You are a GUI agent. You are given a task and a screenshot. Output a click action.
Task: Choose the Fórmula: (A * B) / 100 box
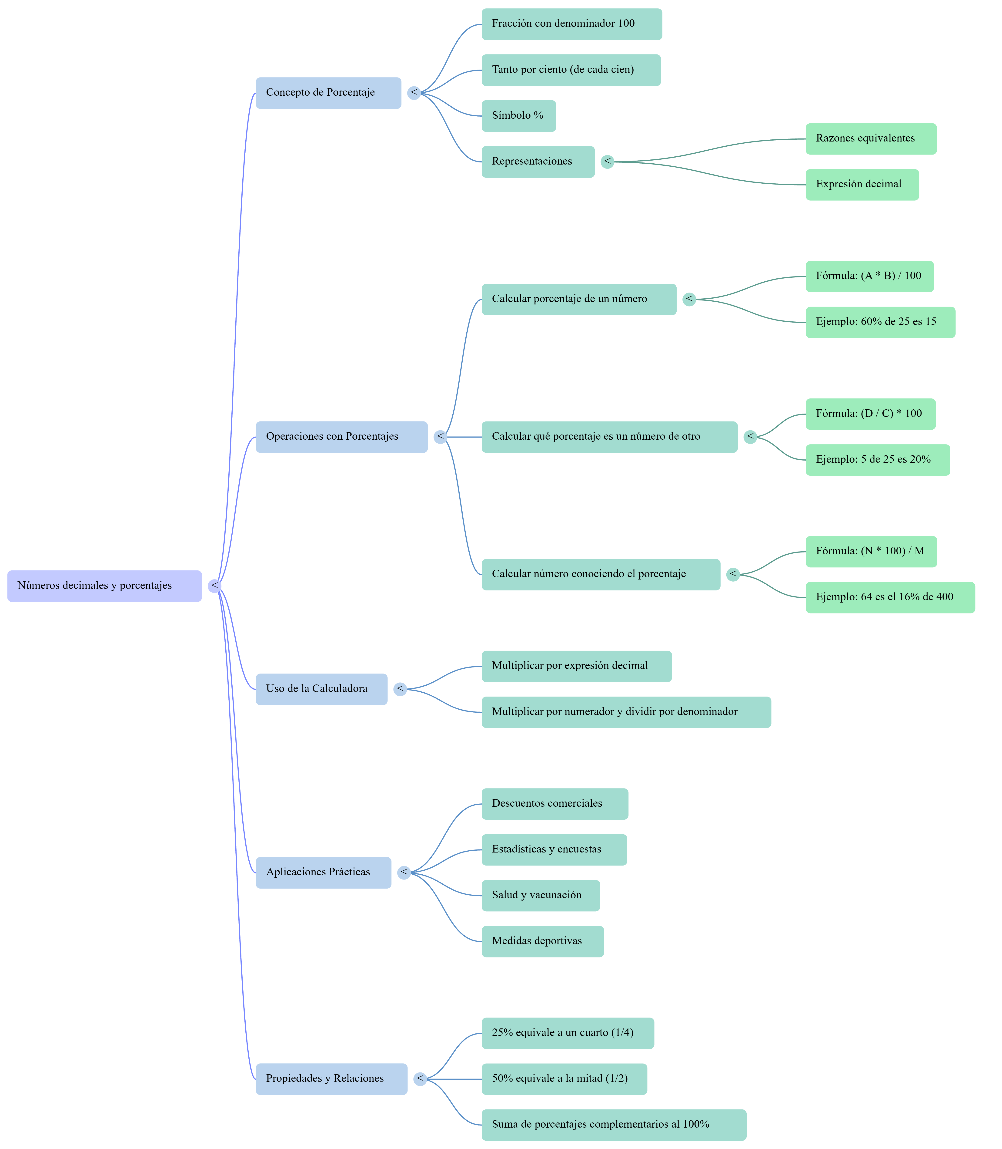click(x=869, y=276)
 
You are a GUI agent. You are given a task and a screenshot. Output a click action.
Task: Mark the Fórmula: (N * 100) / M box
click(x=871, y=552)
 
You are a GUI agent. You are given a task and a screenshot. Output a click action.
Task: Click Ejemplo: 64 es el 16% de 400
click(x=890, y=597)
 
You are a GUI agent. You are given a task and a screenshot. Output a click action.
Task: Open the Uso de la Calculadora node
click(x=321, y=689)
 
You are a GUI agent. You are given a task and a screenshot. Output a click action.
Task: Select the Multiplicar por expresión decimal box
click(x=577, y=666)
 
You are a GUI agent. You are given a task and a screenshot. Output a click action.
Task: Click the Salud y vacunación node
click(x=541, y=896)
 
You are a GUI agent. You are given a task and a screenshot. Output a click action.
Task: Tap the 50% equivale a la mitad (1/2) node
click(x=564, y=1079)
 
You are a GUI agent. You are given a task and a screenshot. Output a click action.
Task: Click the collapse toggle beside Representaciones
click(x=607, y=162)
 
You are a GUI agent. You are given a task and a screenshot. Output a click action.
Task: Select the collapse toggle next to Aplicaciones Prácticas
click(x=404, y=873)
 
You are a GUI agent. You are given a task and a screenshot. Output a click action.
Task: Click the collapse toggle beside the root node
click(x=214, y=586)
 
